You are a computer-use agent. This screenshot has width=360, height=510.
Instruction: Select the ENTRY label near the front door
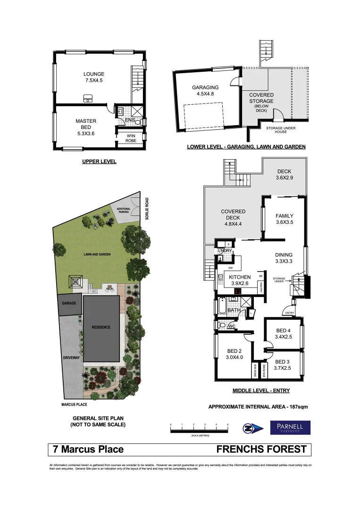pos(289,313)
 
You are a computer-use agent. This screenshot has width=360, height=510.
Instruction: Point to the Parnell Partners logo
pos(290,428)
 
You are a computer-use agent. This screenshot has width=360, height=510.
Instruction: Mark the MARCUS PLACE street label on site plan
pos(74,404)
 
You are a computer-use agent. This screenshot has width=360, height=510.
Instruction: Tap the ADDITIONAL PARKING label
pos(117,211)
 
